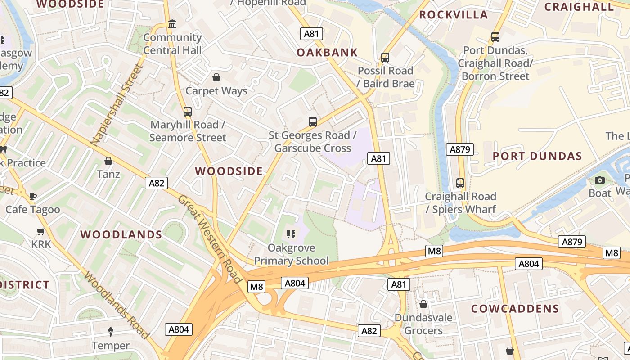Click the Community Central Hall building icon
[172, 24]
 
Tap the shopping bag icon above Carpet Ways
[216, 77]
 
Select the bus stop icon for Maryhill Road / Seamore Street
[188, 111]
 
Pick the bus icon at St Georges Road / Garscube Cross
[312, 121]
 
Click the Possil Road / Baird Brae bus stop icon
[385, 57]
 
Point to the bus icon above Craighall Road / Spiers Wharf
[460, 183]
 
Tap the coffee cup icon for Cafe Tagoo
[32, 196]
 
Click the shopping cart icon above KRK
[41, 231]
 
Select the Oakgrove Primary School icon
[291, 234]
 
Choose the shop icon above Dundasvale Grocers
[423, 304]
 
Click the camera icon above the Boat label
[599, 180]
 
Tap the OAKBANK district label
[327, 52]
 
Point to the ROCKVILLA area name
[453, 14]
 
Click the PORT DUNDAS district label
[537, 156]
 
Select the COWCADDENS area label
[515, 309]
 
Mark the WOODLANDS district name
[121, 234]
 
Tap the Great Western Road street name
[210, 239]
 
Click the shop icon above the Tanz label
[108, 161]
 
